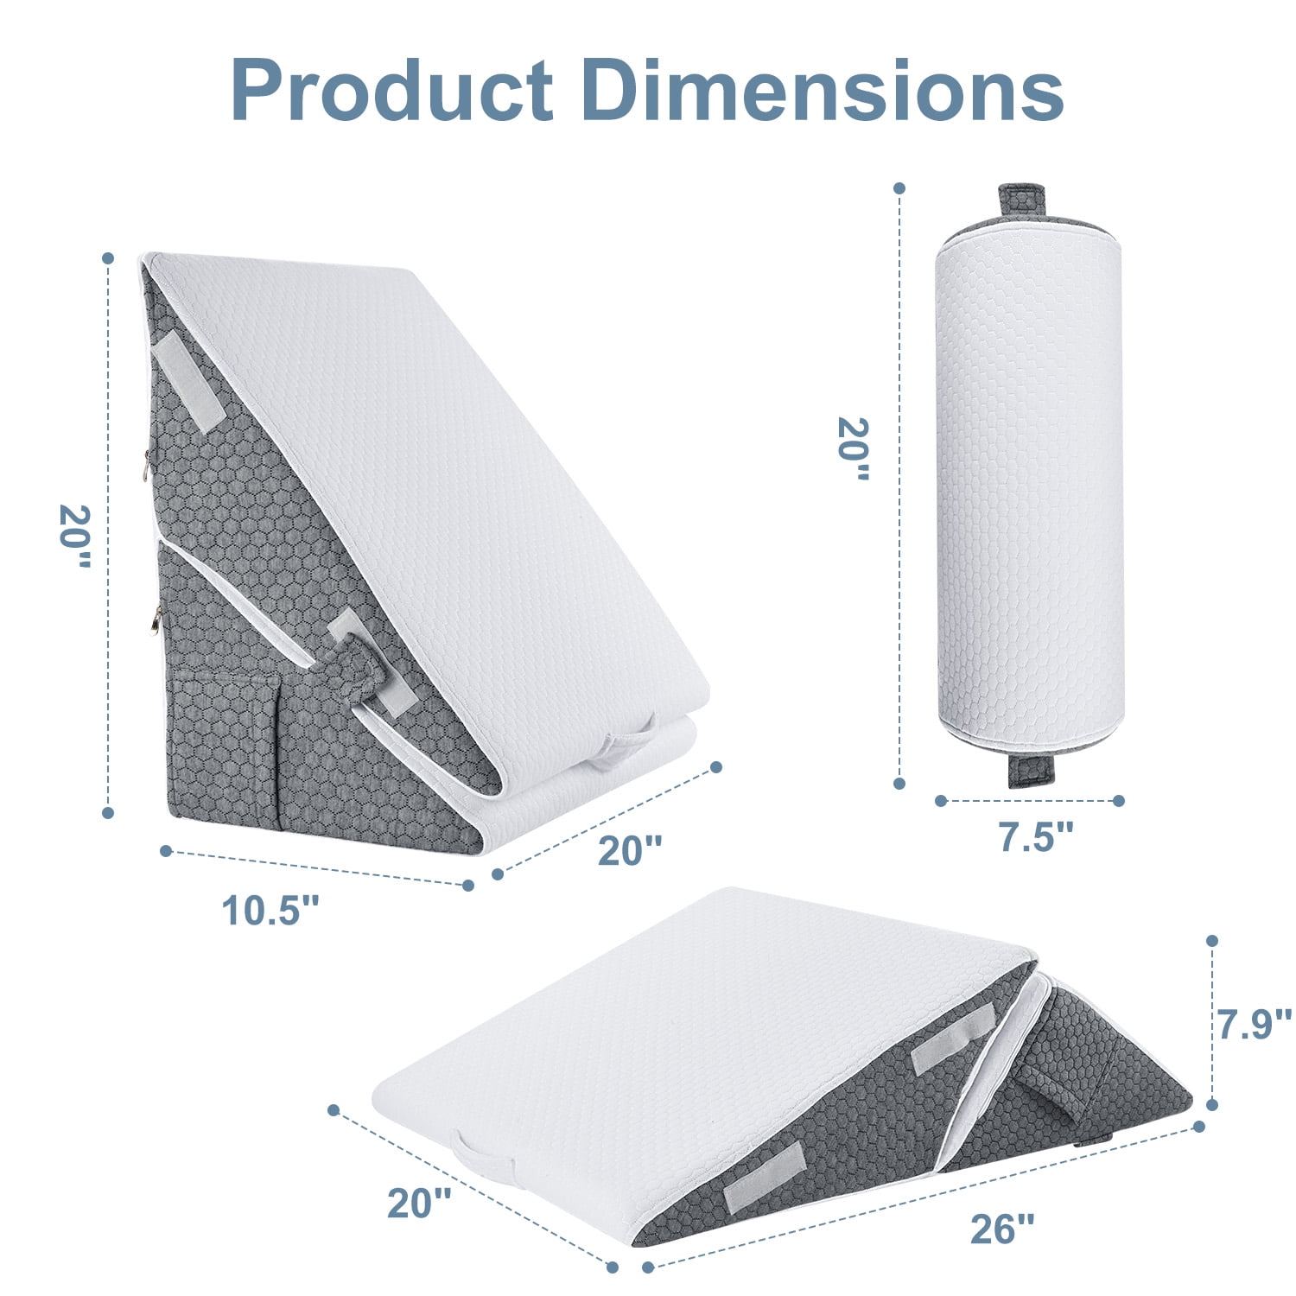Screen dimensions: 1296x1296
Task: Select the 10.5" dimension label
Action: (271, 910)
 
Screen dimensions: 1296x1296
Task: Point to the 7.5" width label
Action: (1037, 836)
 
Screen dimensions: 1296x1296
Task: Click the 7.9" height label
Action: (1255, 1023)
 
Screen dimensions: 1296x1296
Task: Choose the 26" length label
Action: (1002, 1229)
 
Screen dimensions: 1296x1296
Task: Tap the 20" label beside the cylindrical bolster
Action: (854, 449)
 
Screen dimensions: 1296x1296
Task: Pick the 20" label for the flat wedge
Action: (419, 1203)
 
